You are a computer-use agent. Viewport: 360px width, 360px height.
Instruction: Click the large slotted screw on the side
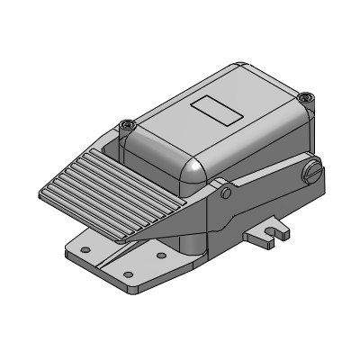pyautogui.click(x=313, y=170)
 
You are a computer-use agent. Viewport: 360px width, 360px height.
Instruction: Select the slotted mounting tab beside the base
pyautogui.click(x=268, y=234)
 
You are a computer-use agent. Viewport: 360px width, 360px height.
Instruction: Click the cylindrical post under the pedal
pyautogui.click(x=189, y=243)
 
